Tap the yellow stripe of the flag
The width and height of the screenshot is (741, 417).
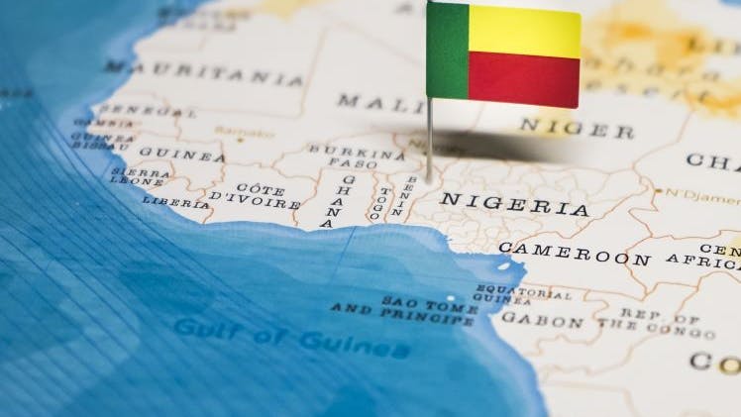click(524, 32)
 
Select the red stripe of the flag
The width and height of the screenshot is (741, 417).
click(524, 79)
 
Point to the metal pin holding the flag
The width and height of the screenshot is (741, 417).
click(429, 139)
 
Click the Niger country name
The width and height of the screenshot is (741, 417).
click(577, 127)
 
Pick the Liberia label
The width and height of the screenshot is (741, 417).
click(175, 201)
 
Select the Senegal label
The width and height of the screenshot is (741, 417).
click(135, 109)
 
